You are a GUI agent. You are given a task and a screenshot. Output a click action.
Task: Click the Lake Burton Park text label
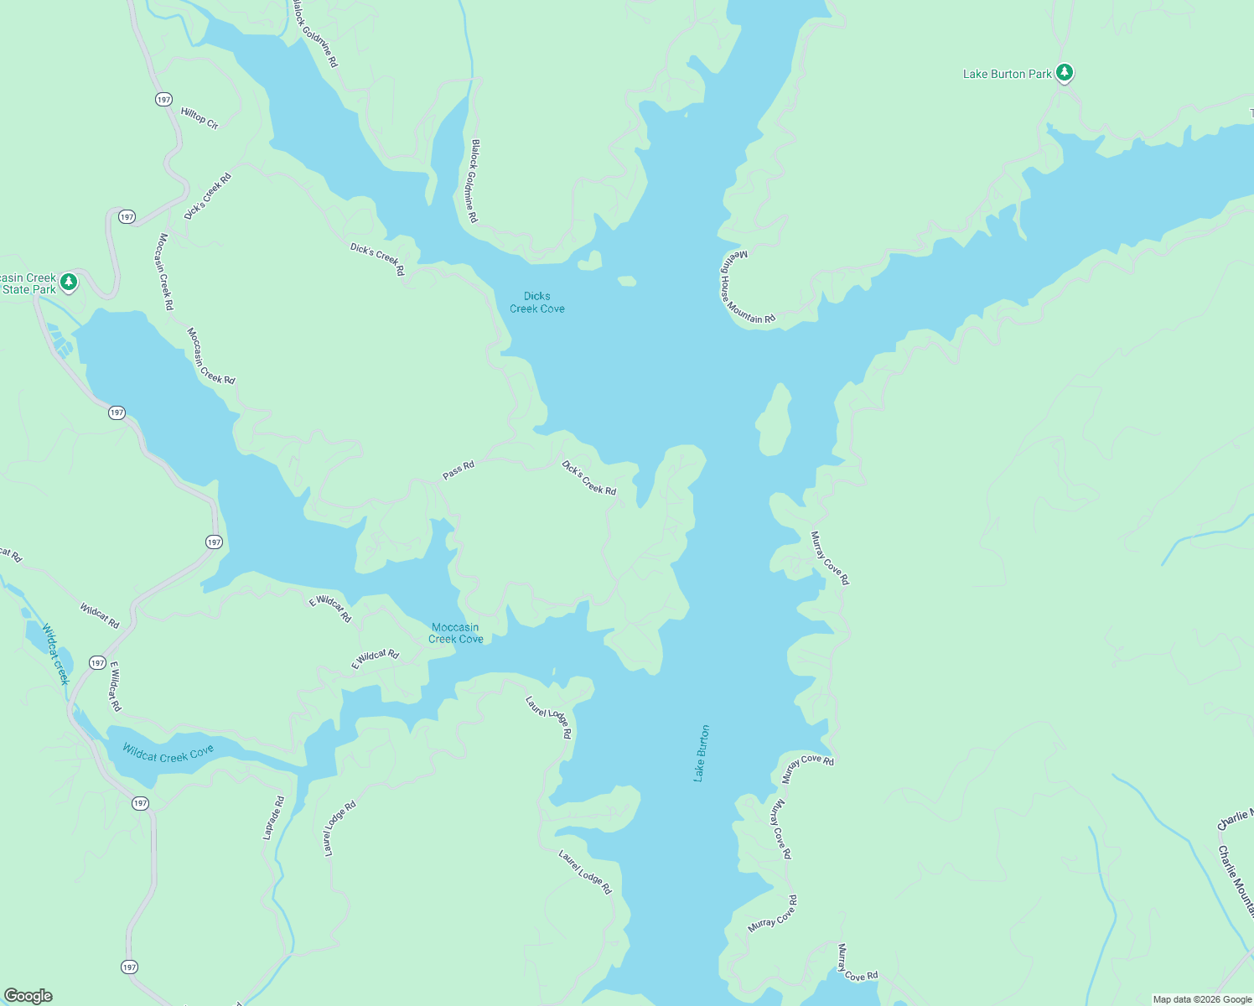pyautogui.click(x=1007, y=74)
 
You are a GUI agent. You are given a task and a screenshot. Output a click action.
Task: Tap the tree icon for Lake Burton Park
pyautogui.click(x=1065, y=73)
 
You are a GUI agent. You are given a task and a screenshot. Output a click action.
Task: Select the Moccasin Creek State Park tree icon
pyautogui.click(x=70, y=282)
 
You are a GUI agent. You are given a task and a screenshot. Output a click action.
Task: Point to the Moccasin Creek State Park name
pyautogui.click(x=28, y=283)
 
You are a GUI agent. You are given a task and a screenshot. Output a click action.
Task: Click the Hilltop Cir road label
pyautogui.click(x=199, y=118)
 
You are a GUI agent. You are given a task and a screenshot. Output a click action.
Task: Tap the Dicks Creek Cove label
pyautogui.click(x=537, y=303)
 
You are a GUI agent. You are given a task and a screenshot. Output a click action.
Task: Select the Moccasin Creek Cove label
pyautogui.click(x=456, y=633)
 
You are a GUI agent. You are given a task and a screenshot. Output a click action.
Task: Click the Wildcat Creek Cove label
pyautogui.click(x=168, y=753)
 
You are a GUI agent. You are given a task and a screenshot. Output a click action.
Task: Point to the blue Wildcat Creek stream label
pyautogui.click(x=54, y=654)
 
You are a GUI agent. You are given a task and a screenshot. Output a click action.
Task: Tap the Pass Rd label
pyautogui.click(x=458, y=470)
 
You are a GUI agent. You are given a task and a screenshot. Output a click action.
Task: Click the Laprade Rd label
pyautogui.click(x=273, y=817)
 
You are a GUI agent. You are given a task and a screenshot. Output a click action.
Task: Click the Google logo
pyautogui.click(x=28, y=996)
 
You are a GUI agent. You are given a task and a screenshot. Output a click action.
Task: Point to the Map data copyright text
pyautogui.click(x=1202, y=999)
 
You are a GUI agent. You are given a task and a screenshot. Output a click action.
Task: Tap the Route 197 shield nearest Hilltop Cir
pyautogui.click(x=163, y=99)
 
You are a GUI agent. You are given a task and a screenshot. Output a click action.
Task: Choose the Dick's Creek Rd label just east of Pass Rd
pyautogui.click(x=588, y=478)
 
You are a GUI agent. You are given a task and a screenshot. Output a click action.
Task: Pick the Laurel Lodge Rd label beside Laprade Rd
pyautogui.click(x=339, y=828)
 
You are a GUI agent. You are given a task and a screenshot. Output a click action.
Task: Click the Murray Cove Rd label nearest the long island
pyautogui.click(x=829, y=557)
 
